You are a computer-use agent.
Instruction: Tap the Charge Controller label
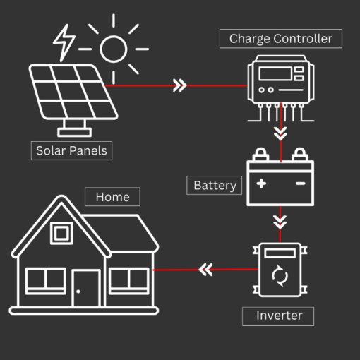click(281, 38)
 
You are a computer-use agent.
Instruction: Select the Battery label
click(215, 185)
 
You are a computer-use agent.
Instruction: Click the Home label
click(112, 196)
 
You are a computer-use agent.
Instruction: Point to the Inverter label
click(277, 316)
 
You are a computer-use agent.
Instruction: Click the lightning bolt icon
click(64, 42)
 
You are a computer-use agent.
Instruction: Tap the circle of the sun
click(113, 49)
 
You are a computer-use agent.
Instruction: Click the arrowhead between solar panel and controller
click(180, 86)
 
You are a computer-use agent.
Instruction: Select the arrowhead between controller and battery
click(281, 132)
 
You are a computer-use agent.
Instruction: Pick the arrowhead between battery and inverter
click(280, 221)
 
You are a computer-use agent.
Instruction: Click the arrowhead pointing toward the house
click(205, 270)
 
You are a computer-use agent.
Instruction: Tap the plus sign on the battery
click(261, 184)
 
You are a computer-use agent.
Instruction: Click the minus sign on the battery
click(300, 184)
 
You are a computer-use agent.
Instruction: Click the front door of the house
click(87, 288)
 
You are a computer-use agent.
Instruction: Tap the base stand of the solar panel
click(74, 128)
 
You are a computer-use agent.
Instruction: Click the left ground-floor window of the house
click(46, 280)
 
